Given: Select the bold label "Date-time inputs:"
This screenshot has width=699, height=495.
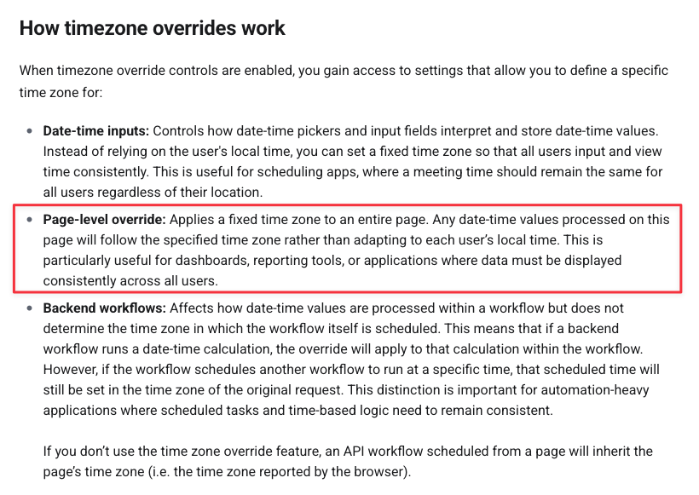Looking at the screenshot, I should point(96,132).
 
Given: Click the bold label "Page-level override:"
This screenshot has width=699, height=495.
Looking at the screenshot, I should point(104,220).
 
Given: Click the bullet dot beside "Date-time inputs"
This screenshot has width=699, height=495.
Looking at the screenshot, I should point(30,132).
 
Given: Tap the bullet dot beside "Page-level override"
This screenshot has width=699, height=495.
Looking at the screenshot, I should point(30,220).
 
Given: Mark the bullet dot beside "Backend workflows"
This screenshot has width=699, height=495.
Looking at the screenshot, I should point(30,308).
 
